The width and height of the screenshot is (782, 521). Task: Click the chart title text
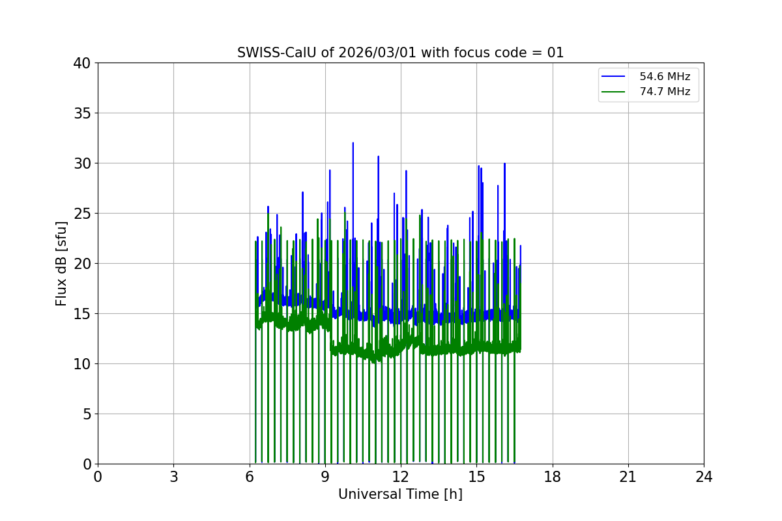(400, 53)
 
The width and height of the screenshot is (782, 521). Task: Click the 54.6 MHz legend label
(665, 77)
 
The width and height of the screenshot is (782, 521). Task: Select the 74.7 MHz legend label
(665, 92)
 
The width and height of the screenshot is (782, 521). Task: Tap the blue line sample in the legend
(613, 77)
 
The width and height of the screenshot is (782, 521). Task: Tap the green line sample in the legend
(613, 92)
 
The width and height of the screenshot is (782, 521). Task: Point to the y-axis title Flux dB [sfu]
(61, 263)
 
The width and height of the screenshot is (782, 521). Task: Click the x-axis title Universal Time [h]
(400, 494)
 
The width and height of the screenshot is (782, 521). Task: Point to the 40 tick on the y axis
(82, 63)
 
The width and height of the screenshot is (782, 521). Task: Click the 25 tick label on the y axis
(82, 214)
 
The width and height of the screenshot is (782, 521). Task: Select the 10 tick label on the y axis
(82, 364)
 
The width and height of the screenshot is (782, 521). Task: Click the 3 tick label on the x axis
(173, 477)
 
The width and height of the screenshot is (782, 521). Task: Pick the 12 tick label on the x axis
(401, 477)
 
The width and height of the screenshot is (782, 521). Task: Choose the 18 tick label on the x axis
(553, 477)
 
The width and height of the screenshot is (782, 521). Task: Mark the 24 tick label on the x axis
(704, 477)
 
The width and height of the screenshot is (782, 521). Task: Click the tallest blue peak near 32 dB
(353, 144)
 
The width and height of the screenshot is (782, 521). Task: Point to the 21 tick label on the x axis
(628, 477)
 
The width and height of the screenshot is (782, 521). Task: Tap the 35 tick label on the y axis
(82, 113)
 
